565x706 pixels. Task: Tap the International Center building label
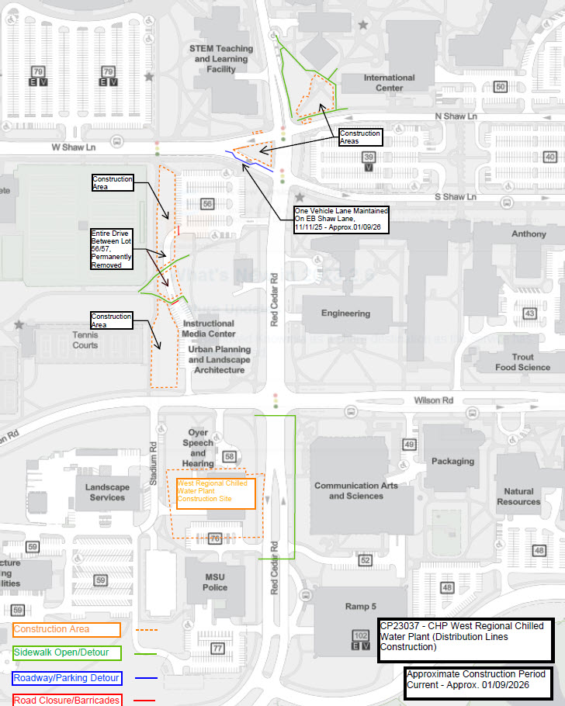click(389, 82)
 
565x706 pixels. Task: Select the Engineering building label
click(346, 313)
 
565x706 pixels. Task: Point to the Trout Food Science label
click(522, 362)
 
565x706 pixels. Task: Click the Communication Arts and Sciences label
click(355, 490)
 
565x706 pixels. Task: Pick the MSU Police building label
click(215, 582)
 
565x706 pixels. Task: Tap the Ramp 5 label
click(360, 606)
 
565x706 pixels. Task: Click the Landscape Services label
click(107, 492)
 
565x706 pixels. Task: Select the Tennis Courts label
click(85, 340)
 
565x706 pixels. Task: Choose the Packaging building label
click(452, 461)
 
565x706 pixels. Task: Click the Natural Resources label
click(518, 496)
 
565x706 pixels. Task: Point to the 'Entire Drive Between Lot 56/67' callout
click(112, 249)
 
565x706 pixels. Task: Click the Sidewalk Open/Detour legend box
click(67, 652)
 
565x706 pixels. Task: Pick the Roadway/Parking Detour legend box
click(67, 678)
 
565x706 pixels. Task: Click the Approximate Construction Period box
click(478, 683)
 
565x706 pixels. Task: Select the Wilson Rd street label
click(433, 400)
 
